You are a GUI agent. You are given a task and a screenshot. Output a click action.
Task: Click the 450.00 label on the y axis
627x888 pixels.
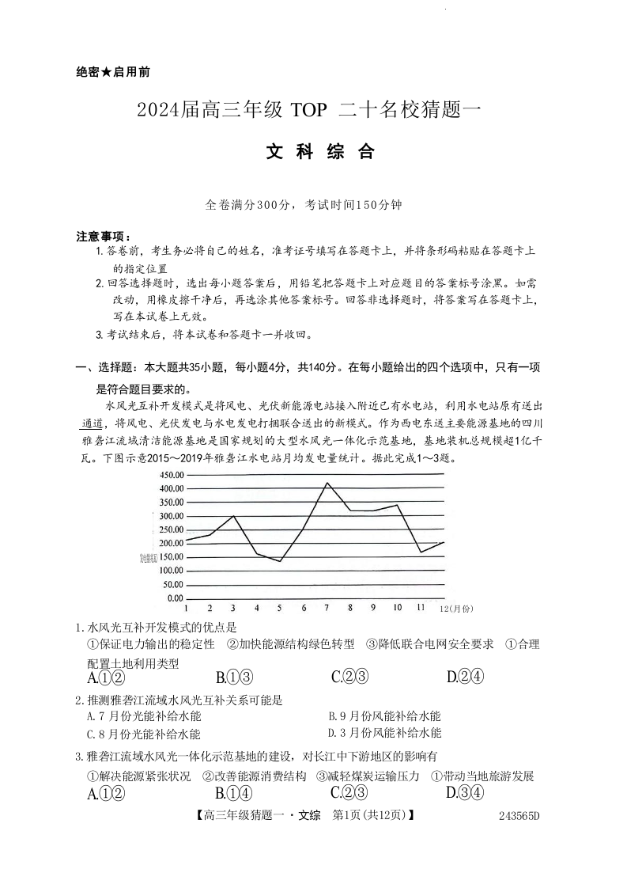(x=172, y=475)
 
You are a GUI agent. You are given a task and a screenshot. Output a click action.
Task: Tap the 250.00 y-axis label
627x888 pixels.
(x=172, y=529)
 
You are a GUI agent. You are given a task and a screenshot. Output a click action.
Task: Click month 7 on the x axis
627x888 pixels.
(x=327, y=608)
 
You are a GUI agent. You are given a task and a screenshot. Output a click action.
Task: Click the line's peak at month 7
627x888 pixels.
(x=327, y=483)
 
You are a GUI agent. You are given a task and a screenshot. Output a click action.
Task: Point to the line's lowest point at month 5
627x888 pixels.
(x=280, y=561)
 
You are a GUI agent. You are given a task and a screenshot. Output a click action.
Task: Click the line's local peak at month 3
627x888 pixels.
(x=233, y=516)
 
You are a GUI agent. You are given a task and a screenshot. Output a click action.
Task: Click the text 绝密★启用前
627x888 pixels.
(x=113, y=72)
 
